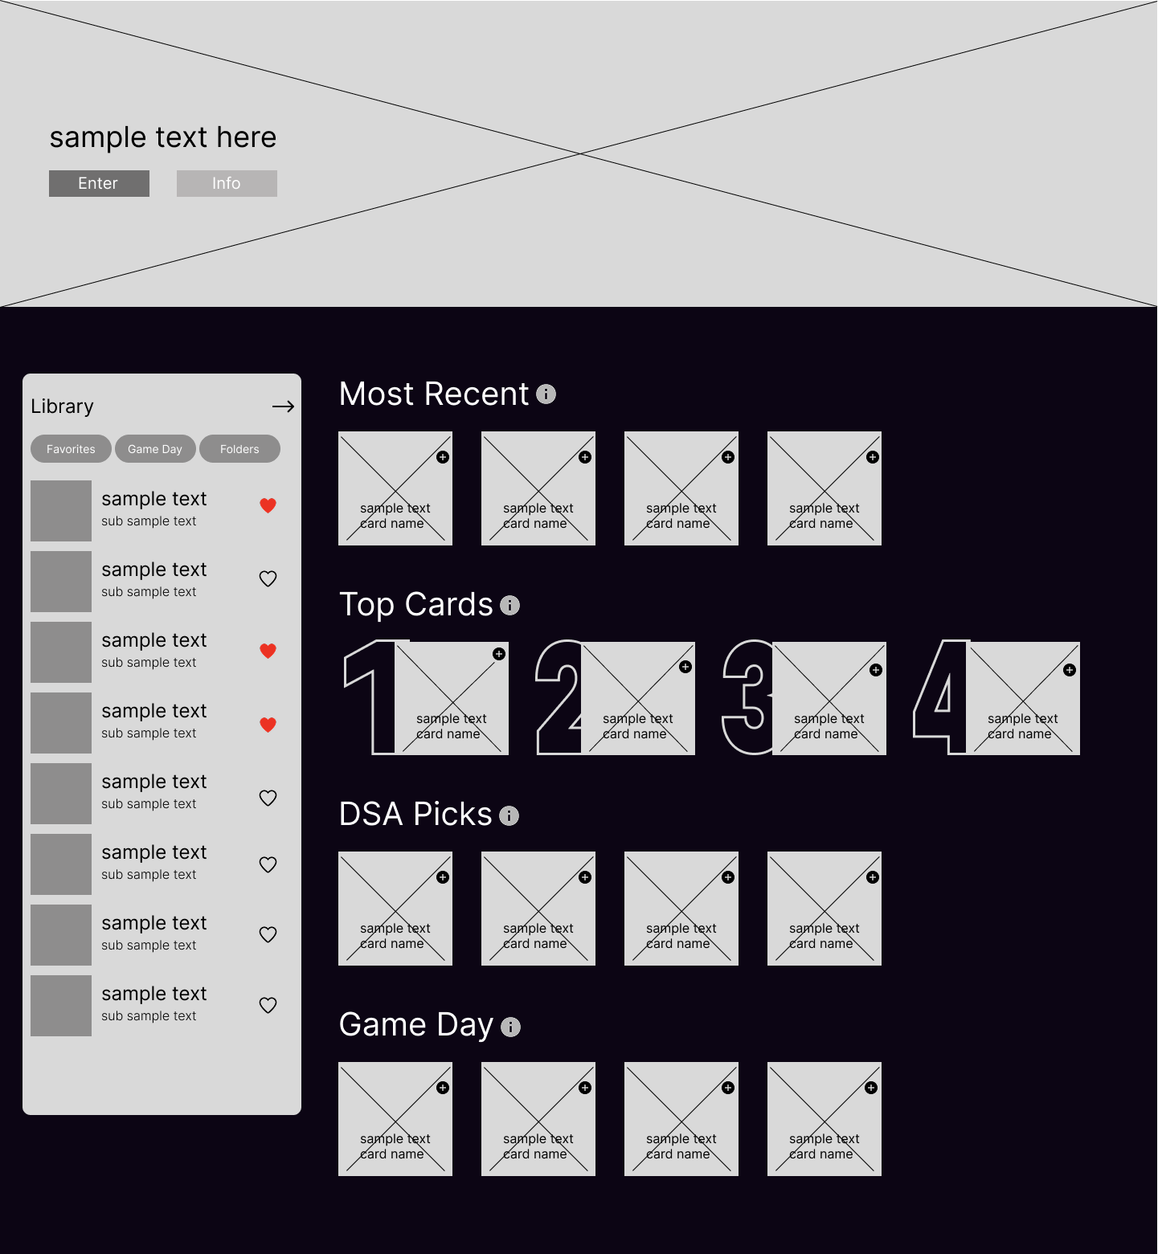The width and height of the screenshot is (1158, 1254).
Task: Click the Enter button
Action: coord(99,183)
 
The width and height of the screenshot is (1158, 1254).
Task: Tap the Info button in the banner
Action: coord(227,183)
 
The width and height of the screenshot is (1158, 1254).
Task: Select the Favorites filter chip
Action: coord(71,449)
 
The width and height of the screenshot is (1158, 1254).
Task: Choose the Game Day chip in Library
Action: coord(155,449)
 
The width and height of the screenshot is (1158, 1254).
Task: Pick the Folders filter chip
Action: coord(239,449)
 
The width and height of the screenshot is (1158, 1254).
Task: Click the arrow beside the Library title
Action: coord(283,406)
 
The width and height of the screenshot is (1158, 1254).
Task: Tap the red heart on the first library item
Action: coord(268,505)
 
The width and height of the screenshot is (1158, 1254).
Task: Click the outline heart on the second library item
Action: coord(268,578)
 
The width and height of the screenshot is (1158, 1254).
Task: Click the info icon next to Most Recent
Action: coord(546,394)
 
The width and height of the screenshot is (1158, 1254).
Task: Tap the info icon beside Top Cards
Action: coord(509,605)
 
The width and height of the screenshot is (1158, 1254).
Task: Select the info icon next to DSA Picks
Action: coord(509,816)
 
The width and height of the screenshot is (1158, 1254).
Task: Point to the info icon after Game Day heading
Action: coord(510,1027)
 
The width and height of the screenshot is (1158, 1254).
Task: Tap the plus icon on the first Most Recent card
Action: coord(442,457)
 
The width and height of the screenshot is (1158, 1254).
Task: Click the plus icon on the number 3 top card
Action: coord(876,670)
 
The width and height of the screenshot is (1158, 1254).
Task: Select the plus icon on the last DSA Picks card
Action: coord(872,877)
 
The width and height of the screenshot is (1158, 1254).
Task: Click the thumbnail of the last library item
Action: coord(61,1006)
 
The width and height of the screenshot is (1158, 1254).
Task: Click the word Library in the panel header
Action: coord(62,406)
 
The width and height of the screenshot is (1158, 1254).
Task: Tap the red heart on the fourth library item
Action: coord(268,725)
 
